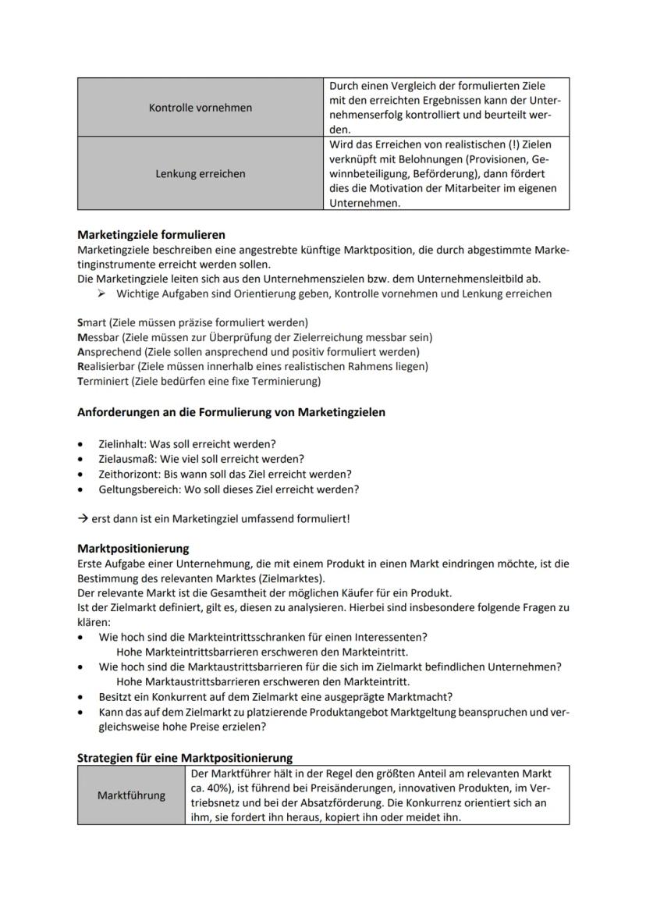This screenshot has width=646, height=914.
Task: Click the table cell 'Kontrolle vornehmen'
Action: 201,108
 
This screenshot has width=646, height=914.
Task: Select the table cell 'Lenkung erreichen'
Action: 201,174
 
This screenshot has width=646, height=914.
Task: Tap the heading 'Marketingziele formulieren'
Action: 151,234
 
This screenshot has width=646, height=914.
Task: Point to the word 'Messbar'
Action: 98,337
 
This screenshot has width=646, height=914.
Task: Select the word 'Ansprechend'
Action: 108,352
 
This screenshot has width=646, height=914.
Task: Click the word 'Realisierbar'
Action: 106,367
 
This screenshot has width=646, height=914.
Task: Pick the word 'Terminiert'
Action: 102,382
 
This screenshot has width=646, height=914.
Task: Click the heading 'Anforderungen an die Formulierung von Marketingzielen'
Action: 231,412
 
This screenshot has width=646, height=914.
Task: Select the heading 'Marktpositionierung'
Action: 133,549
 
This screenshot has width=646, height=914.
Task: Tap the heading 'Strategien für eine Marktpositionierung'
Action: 185,758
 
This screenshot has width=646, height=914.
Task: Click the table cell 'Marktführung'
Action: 132,795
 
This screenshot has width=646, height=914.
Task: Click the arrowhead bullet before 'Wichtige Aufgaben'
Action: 102,294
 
